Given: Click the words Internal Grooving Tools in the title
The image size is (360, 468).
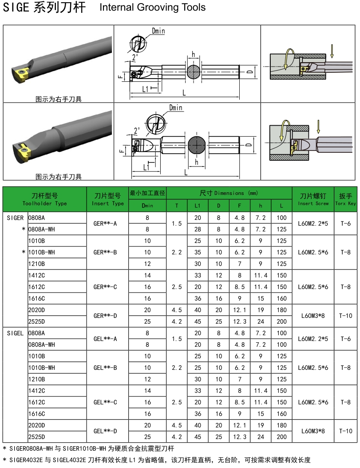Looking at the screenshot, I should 153,8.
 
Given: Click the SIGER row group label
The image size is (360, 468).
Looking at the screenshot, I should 16,218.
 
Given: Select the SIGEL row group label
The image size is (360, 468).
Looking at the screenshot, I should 16,333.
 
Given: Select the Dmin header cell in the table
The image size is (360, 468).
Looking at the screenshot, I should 147,206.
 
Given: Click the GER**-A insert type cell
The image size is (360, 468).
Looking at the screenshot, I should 105,224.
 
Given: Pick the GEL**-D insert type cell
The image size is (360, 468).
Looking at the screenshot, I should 105,431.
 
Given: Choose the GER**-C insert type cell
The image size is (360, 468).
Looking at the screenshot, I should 105,287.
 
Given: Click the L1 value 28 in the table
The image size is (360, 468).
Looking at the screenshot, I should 198,230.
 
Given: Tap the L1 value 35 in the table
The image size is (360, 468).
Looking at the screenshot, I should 198,252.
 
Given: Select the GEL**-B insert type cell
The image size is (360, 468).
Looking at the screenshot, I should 105,368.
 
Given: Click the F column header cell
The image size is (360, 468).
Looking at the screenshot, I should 240,206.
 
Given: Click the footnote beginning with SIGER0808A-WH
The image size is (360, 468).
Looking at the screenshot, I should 89,448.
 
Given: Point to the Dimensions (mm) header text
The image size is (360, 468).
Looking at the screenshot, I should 229,193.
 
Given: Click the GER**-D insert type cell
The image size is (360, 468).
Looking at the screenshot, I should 105,316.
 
